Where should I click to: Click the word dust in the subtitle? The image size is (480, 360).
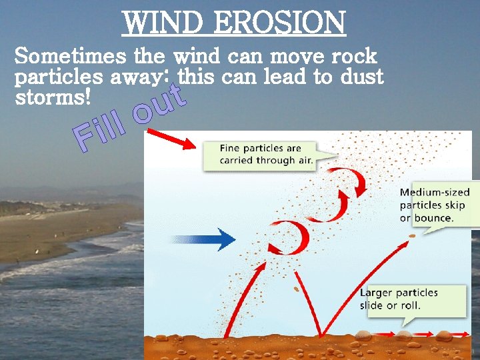(361, 77)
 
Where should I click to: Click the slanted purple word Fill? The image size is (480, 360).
(100, 131)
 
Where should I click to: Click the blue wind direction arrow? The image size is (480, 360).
(203, 239)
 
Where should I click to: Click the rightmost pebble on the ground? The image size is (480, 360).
(444, 335)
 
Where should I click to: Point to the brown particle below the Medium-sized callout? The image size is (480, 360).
(411, 235)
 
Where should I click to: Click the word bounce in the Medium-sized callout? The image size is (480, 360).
(433, 218)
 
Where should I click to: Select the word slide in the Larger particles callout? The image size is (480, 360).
(371, 306)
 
